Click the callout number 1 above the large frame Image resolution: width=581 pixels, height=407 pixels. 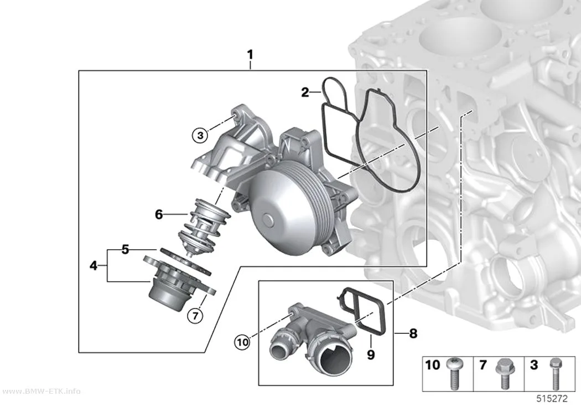tap(250, 55)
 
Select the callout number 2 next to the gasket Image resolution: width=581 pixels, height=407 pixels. tap(305, 92)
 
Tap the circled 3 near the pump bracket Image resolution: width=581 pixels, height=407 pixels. tap(200, 135)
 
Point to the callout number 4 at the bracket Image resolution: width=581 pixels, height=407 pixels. tap(94, 265)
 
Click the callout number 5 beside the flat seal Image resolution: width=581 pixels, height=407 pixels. tap(125, 250)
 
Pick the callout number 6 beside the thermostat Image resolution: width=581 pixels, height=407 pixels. tap(159, 214)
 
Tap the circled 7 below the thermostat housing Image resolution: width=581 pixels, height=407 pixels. tap(195, 316)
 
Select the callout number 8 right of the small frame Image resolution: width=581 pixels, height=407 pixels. tap(413, 333)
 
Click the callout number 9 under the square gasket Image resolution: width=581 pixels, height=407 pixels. tap(371, 355)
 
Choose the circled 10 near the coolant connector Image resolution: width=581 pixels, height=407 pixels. tap(243, 342)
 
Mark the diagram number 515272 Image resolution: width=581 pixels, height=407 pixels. tap(552, 399)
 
